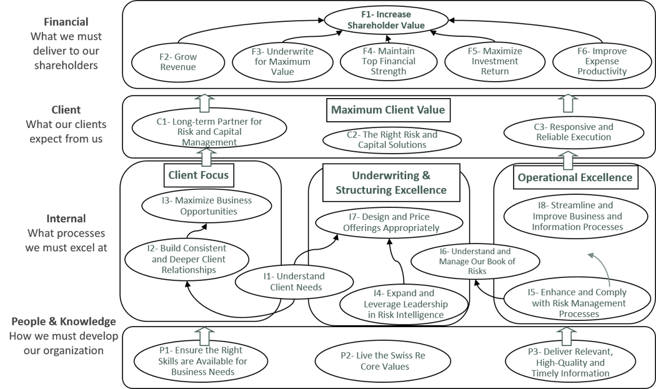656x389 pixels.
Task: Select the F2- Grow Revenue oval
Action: [177, 62]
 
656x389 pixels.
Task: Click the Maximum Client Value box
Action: [388, 111]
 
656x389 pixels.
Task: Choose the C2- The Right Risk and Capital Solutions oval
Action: [392, 140]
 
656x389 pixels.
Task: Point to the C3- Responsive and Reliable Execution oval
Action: [574, 132]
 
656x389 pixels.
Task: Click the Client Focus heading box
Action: [199, 175]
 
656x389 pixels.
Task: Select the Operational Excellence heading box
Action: [575, 178]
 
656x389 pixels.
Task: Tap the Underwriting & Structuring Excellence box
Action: [391, 182]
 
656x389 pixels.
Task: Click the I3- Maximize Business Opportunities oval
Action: [206, 206]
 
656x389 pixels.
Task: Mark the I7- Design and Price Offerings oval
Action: [390, 222]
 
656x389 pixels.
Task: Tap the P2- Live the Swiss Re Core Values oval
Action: [384, 361]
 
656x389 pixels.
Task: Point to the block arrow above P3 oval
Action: [567, 335]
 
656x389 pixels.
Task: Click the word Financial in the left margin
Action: [66, 22]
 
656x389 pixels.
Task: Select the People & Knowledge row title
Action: [64, 322]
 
